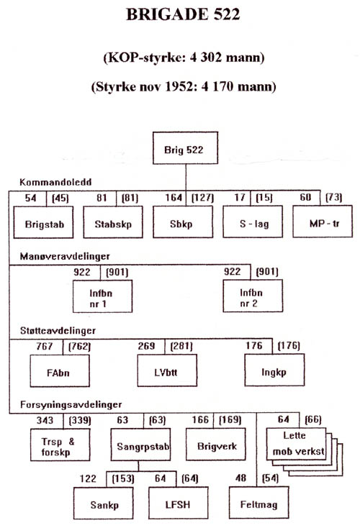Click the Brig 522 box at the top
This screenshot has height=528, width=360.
[185, 148]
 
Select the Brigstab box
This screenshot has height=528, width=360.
[43, 222]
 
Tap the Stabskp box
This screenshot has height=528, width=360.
[113, 222]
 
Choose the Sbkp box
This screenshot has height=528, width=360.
[183, 222]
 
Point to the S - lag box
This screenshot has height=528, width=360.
[253, 222]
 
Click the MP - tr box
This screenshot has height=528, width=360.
[323, 222]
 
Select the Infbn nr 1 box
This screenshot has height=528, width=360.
[102, 296]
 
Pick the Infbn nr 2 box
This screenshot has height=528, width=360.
[253, 296]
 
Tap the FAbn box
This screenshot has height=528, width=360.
[60, 370]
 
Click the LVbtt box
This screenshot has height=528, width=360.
[167, 370]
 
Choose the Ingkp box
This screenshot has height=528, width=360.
[274, 370]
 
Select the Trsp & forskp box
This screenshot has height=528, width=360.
[60, 445]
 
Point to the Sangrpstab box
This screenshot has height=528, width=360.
[140, 444]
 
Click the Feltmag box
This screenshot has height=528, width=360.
[259, 502]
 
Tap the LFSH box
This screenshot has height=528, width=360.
[179, 503]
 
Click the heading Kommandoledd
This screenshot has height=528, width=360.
[55, 182]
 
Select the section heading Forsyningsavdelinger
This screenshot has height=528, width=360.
[71, 404]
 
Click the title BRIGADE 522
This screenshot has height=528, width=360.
[183, 14]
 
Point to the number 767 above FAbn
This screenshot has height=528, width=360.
[45, 346]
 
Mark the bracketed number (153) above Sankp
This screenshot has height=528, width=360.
[123, 478]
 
